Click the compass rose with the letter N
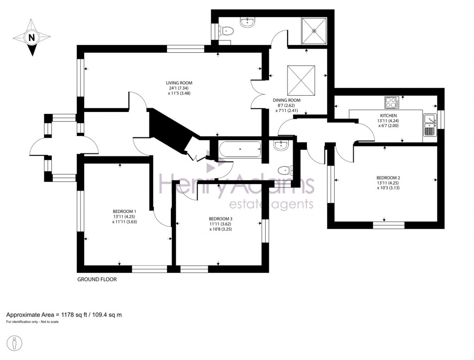point(31,37)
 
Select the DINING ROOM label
point(287,100)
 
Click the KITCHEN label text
point(388,116)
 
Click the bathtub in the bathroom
point(240,150)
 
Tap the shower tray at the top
point(314,31)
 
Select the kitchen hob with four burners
point(392,102)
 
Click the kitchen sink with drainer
point(430,125)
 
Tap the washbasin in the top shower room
point(249,21)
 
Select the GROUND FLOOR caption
point(97,279)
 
